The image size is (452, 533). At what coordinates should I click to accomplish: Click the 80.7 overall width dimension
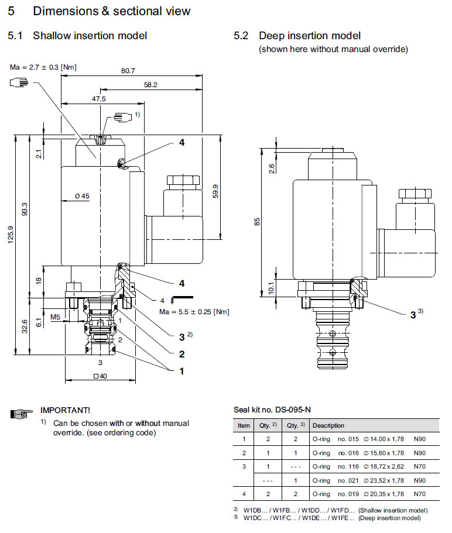128,71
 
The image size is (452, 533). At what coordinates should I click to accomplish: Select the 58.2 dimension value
150,85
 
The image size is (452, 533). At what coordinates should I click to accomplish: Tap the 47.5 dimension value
98,99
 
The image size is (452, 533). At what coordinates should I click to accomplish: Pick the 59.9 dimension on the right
215,191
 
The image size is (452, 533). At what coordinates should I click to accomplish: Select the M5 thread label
56,317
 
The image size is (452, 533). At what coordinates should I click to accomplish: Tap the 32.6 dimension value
24,326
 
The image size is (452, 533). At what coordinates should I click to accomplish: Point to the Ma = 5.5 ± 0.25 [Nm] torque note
194,311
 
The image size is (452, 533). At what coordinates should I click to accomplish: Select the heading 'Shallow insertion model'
90,36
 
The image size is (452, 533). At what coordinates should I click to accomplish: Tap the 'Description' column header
328,425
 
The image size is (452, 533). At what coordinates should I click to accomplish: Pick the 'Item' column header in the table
244,425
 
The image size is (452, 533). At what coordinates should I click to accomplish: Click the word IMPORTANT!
65,411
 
